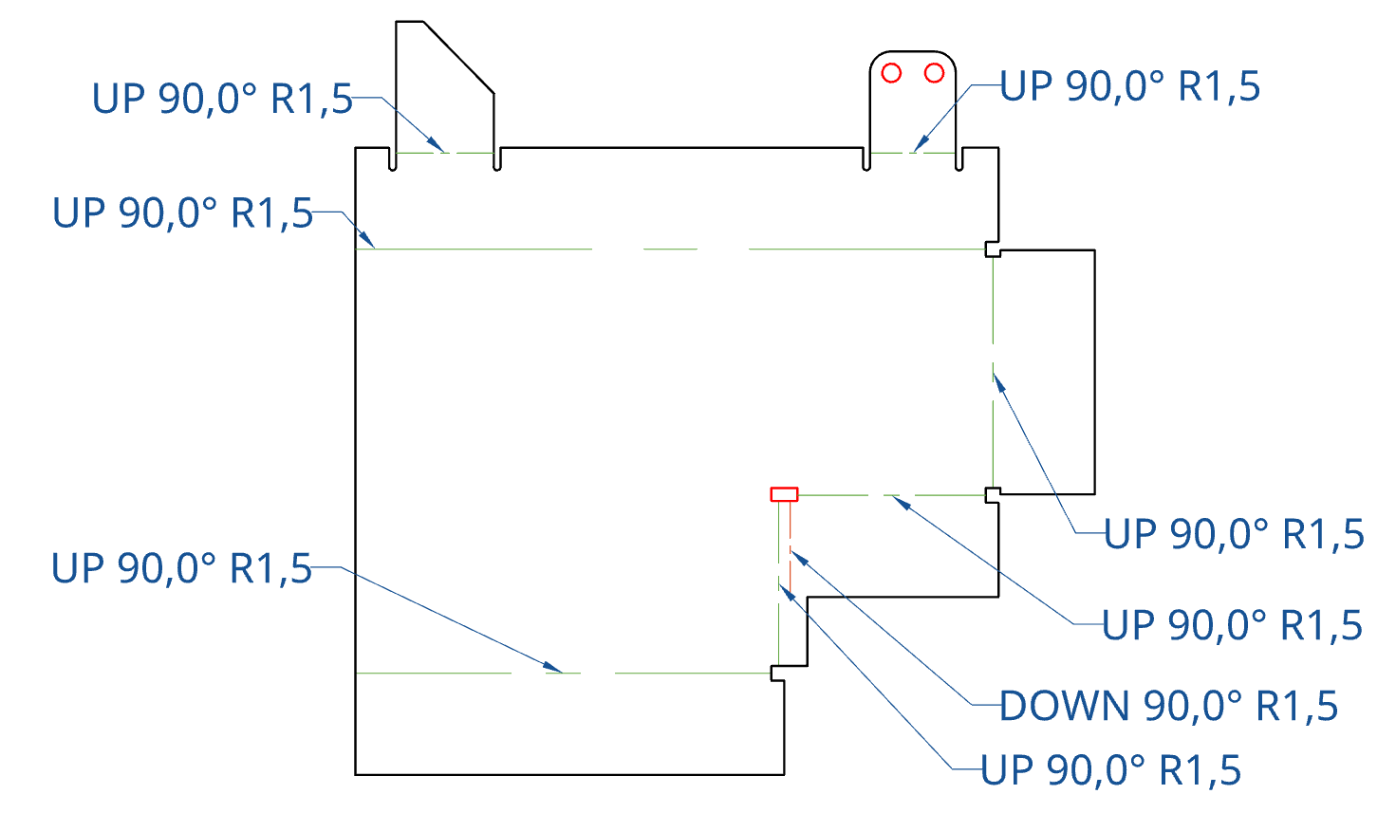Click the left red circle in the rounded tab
(x=891, y=73)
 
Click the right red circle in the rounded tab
(x=934, y=73)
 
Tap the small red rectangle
(x=784, y=494)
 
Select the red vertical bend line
(x=791, y=550)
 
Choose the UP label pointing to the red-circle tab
(x=1130, y=87)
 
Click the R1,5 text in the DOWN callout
(x=1296, y=707)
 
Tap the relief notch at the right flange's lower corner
(x=992, y=495)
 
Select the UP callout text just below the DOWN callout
(x=1110, y=771)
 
